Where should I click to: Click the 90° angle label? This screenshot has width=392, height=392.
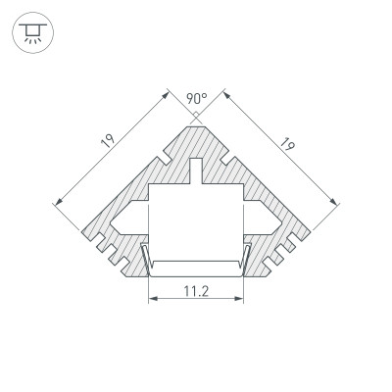coord(196,99)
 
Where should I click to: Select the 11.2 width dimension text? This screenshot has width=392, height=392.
coord(195,291)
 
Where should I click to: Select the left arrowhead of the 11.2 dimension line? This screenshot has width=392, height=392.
coord(152,301)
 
